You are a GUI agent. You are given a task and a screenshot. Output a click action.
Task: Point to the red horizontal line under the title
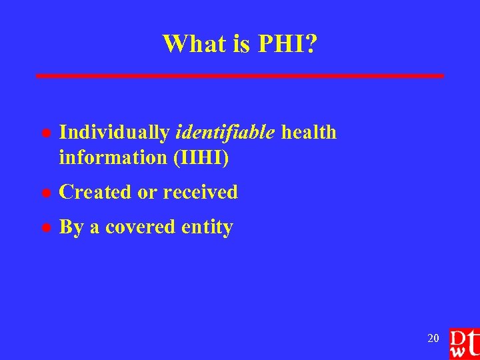click(240, 76)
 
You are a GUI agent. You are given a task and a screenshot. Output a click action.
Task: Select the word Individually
click(115, 133)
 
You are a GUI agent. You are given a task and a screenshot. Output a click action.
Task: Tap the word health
click(309, 133)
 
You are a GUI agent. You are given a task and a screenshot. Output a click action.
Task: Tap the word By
click(71, 227)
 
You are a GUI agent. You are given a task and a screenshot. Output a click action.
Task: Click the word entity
click(207, 227)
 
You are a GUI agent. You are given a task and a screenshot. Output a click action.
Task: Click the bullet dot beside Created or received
click(43, 193)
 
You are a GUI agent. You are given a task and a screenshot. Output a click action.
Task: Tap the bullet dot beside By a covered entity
click(43, 228)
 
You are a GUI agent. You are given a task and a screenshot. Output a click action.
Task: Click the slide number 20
click(433, 339)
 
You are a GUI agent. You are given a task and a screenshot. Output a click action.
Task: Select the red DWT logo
click(464, 343)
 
